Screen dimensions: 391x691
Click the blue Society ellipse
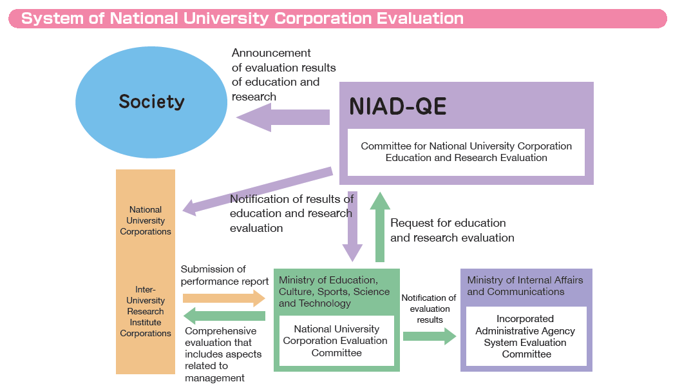click(151, 102)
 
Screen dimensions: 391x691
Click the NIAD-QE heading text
click(397, 107)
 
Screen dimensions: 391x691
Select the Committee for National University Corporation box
click(466, 152)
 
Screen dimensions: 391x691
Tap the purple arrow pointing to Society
click(283, 117)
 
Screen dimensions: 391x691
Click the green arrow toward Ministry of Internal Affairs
click(429, 336)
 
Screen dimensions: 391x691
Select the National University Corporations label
click(146, 220)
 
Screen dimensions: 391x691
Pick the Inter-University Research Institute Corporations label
click(146, 311)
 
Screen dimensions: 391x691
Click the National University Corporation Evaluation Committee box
click(336, 341)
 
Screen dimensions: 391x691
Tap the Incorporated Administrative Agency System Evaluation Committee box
click(526, 336)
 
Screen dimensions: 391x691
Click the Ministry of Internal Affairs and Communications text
click(525, 285)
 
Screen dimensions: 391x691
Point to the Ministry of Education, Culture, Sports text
click(334, 291)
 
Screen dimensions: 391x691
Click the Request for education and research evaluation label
click(452, 230)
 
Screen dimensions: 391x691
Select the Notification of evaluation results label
click(429, 309)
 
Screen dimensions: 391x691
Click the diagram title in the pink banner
click(242, 18)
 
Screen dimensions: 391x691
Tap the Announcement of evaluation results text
click(283, 75)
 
